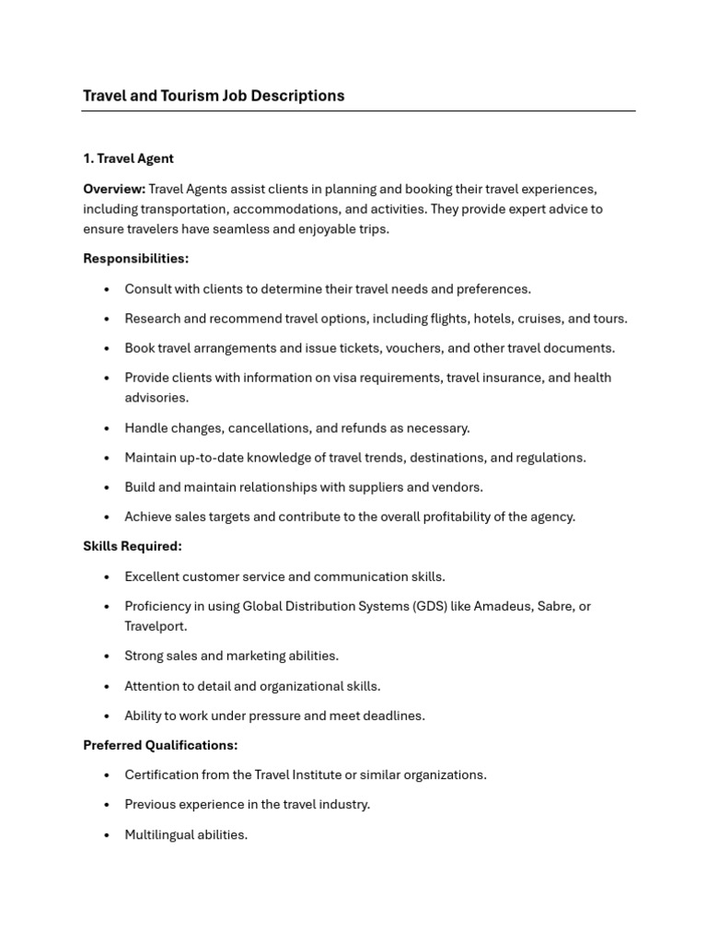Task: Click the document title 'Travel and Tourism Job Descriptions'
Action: (x=214, y=96)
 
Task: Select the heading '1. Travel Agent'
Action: (x=128, y=158)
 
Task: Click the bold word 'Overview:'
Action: (x=114, y=189)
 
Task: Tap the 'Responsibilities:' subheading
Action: (x=135, y=259)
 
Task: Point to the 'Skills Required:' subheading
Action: (x=132, y=546)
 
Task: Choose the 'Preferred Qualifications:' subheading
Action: (x=160, y=745)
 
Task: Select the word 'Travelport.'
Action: (x=156, y=626)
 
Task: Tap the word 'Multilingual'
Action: (x=161, y=835)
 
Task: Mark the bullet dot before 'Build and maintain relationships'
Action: (x=107, y=487)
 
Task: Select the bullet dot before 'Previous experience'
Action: (x=107, y=805)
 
